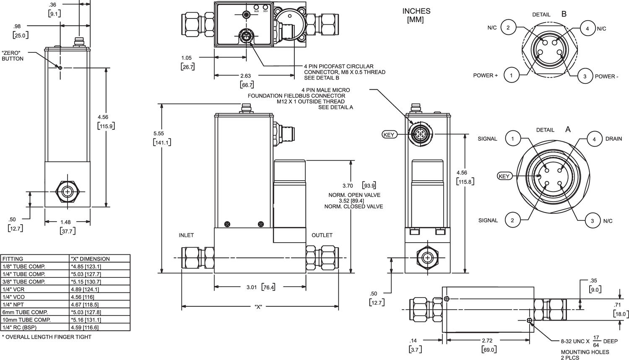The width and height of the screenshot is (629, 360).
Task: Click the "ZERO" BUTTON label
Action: pyautogui.click(x=13, y=56)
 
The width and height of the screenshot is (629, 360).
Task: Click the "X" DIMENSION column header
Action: pyautogui.click(x=90, y=259)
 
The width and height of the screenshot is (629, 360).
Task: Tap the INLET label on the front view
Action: pyautogui.click(x=186, y=235)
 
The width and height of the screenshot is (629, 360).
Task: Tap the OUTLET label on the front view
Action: pyautogui.click(x=322, y=235)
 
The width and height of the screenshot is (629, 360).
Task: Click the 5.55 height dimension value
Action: pyautogui.click(x=159, y=133)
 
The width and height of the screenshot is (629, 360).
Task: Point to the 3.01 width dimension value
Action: pyautogui.click(x=251, y=287)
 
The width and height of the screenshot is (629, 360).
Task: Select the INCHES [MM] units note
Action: pyautogui.click(x=416, y=16)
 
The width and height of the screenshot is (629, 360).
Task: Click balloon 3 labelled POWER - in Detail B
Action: pyautogui.click(x=585, y=76)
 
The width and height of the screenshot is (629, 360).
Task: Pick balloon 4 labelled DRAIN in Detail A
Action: pyautogui.click(x=594, y=139)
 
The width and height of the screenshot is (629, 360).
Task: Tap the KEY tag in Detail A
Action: pyautogui.click(x=504, y=176)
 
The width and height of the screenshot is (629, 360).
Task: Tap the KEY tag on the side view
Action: pyautogui.click(x=389, y=135)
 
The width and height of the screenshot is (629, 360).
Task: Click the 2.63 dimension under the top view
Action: pyautogui.click(x=245, y=76)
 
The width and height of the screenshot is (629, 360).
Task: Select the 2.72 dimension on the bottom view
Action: pyautogui.click(x=487, y=341)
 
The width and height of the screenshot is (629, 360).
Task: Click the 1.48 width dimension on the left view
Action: pyautogui.click(x=65, y=222)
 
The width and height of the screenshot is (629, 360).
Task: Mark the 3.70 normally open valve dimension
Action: pyautogui.click(x=348, y=186)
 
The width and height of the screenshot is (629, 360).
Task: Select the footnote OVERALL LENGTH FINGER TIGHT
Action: pyautogui.click(x=47, y=337)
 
